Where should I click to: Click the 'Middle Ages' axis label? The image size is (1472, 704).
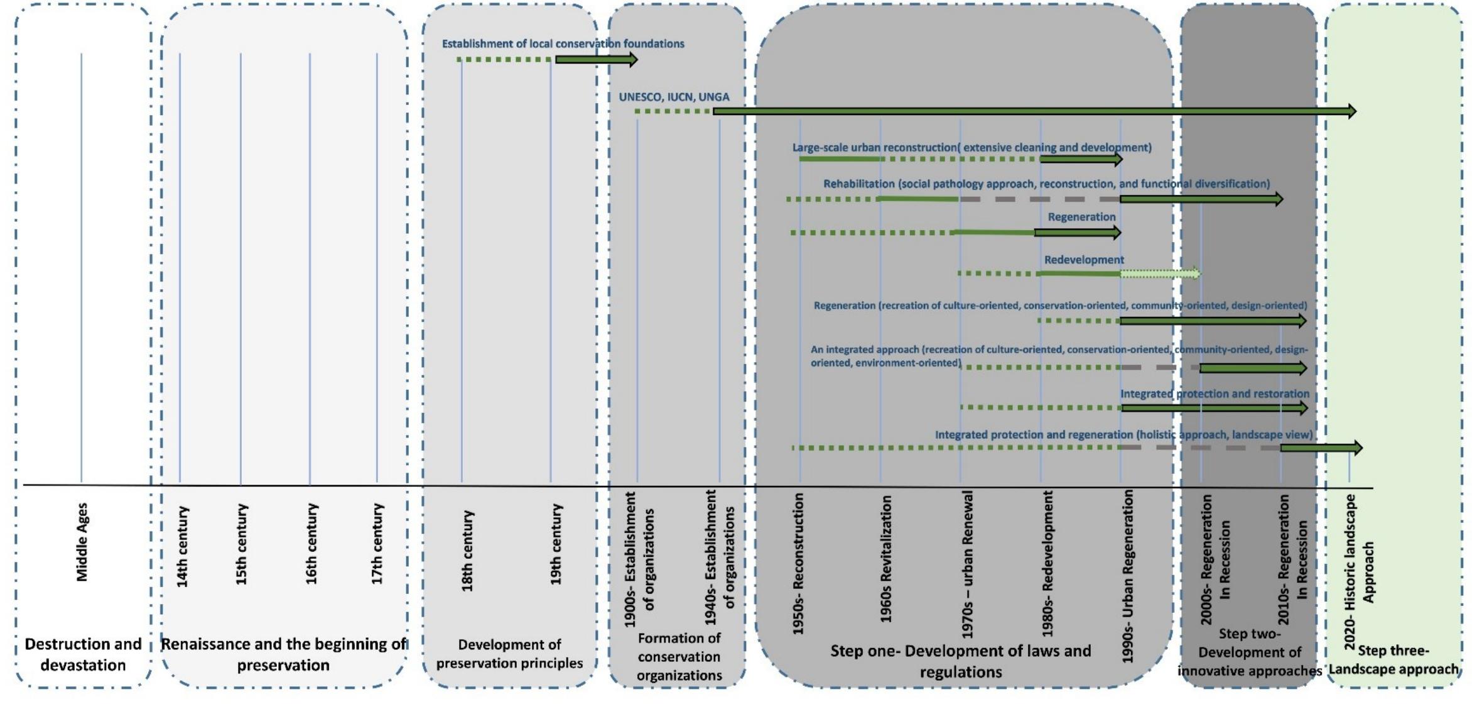click(82, 542)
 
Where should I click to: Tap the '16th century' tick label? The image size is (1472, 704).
click(311, 544)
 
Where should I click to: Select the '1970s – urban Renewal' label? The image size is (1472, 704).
click(968, 564)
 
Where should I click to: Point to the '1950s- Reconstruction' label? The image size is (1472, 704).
click(798, 563)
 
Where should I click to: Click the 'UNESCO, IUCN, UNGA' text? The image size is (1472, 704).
click(674, 97)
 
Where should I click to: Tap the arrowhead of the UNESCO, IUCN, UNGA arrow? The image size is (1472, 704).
click(1350, 111)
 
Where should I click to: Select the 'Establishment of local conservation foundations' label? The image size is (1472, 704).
click(563, 43)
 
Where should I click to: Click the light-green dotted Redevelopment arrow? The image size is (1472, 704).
click(1159, 273)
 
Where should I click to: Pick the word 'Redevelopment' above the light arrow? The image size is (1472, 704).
click(1084, 260)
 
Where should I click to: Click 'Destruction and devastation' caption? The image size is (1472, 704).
click(83, 654)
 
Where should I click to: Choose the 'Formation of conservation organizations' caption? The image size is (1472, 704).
click(679, 657)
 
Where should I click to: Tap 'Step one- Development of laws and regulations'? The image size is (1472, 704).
click(960, 661)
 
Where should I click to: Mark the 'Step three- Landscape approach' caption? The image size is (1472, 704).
click(1393, 659)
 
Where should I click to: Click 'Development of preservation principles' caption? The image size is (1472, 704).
click(509, 654)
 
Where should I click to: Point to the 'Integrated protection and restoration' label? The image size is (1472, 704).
click(1215, 393)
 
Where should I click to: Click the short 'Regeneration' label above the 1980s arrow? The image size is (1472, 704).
click(1081, 217)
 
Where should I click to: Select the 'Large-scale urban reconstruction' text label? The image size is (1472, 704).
click(971, 147)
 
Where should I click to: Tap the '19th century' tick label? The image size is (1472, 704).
click(556, 544)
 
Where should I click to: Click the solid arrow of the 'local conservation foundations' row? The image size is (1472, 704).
click(595, 60)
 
